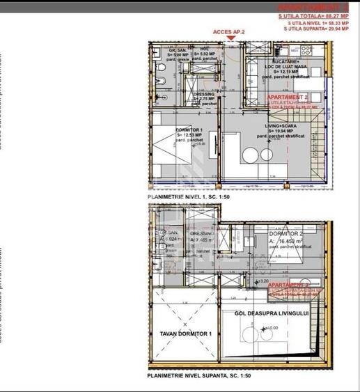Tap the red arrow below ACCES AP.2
[226, 40]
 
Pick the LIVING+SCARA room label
[282, 126]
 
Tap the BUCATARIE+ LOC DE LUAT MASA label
[281, 64]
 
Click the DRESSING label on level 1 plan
[204, 94]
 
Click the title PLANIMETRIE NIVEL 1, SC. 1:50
[189, 198]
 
